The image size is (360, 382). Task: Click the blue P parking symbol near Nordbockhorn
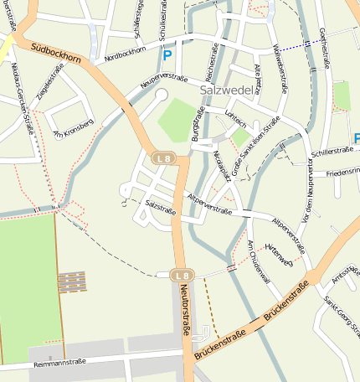point(167,55)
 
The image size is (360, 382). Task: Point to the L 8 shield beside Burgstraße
point(162,157)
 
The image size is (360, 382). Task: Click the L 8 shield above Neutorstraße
point(182,275)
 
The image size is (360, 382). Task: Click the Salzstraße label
point(160,204)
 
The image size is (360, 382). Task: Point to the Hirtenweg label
point(278,254)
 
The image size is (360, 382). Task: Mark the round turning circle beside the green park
point(162,95)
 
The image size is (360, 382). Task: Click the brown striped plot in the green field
point(71,281)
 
